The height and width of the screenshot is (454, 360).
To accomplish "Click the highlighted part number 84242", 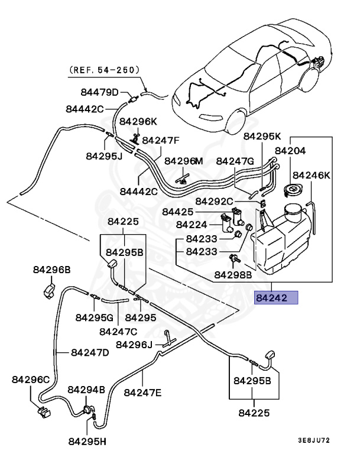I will pyautogui.click(x=275, y=298).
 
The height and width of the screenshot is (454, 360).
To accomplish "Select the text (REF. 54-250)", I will pyautogui.click(x=105, y=70).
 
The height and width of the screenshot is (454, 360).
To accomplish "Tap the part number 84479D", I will pyautogui.click(x=100, y=92).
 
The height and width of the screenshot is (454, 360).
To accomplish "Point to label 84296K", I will pyautogui.click(x=139, y=121).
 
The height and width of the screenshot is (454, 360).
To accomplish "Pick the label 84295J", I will pyautogui.click(x=104, y=156).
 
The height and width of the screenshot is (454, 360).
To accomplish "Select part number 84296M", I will pyautogui.click(x=183, y=161).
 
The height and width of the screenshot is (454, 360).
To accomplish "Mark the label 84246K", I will pyautogui.click(x=312, y=176).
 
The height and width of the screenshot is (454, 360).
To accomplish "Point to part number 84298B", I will pyautogui.click(x=233, y=274).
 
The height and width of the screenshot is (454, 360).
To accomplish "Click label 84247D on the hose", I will pyautogui.click(x=90, y=353).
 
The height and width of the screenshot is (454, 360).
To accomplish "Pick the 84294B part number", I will pyautogui.click(x=86, y=390).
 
